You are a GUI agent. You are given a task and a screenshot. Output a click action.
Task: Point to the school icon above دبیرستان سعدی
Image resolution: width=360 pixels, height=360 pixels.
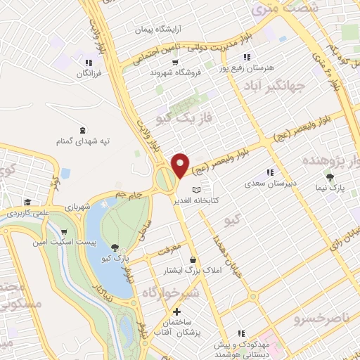pyautogui.click(x=269, y=172)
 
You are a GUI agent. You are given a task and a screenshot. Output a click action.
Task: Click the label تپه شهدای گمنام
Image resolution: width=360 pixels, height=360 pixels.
pyautogui.click(x=84, y=141)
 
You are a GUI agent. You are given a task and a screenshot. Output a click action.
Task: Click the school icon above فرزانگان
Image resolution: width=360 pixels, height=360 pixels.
pyautogui.click(x=89, y=62)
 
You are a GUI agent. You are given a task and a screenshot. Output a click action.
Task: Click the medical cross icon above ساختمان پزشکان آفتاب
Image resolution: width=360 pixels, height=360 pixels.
pyautogui.click(x=176, y=311)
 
